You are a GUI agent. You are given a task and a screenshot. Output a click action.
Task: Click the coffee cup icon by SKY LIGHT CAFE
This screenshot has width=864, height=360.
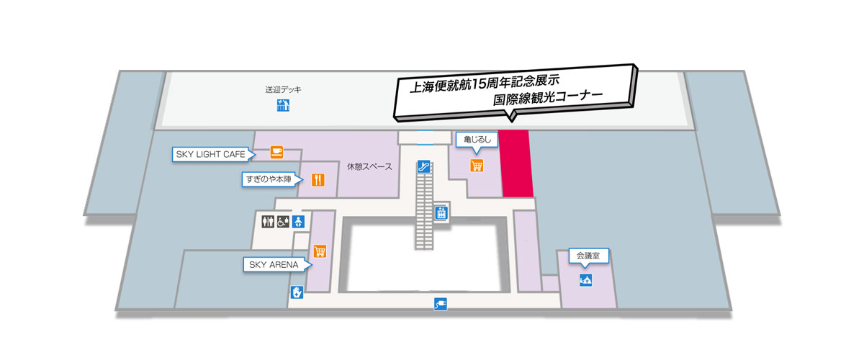(276, 152)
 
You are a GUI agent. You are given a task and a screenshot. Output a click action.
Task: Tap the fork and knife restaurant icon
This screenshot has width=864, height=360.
(318, 179)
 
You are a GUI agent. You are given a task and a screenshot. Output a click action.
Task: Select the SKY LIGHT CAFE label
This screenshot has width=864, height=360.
(211, 154)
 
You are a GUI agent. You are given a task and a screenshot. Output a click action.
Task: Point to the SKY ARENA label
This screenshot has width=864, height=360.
(273, 265)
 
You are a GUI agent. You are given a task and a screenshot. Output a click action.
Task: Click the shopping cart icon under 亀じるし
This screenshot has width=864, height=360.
(476, 166)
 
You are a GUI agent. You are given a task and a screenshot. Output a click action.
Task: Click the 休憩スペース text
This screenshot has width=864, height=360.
(369, 167)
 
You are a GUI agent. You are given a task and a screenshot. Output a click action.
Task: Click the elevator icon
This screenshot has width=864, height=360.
(441, 213)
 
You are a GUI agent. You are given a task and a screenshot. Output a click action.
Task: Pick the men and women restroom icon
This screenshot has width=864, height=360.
(267, 221)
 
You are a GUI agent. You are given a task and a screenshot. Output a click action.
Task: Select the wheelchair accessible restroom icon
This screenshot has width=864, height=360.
(282, 221)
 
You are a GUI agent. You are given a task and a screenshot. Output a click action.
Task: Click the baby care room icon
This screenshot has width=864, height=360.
(298, 221)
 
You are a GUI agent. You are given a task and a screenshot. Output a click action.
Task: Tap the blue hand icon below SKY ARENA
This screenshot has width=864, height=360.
(296, 292)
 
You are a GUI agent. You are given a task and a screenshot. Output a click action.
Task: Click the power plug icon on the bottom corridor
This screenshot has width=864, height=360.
(441, 305)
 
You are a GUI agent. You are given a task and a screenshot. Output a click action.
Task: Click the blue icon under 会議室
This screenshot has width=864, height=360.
(585, 279)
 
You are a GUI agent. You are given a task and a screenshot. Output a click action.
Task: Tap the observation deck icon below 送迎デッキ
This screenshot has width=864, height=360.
(283, 107)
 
